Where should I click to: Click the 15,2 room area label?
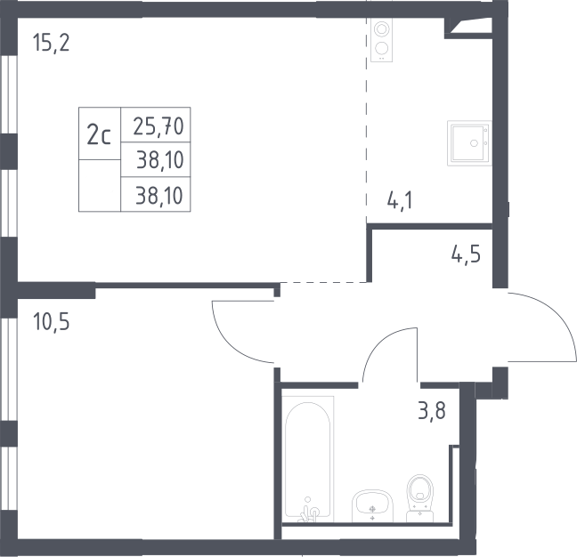tap(51, 43)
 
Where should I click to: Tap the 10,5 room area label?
tap(51, 322)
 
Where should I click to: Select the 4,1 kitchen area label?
tap(400, 201)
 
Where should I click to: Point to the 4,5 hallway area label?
tap(466, 254)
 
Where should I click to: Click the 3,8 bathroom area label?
tap(432, 411)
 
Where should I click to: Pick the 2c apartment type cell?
tap(100, 133)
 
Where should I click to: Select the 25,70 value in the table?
tap(158, 126)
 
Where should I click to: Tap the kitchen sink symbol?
tap(469, 143)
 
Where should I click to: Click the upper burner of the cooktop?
tap(382, 28)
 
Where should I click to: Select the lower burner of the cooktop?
tap(382, 49)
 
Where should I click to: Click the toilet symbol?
tap(420, 497)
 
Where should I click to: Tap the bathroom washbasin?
tap(372, 505)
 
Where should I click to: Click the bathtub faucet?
tap(308, 510)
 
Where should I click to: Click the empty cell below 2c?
tap(100, 186)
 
